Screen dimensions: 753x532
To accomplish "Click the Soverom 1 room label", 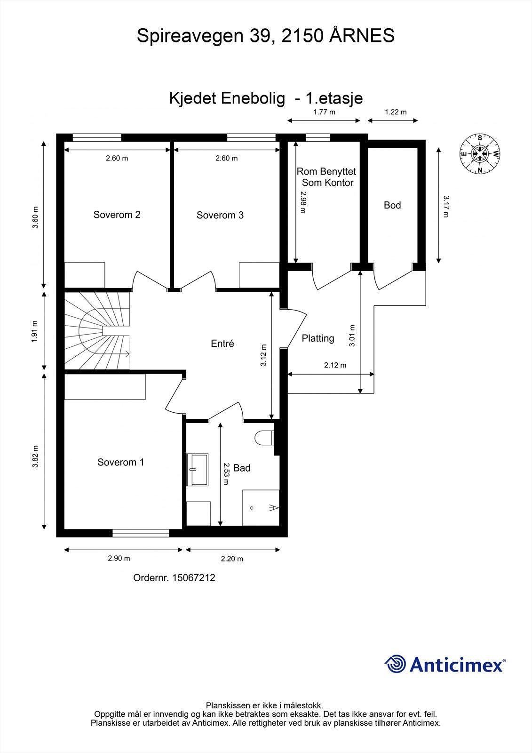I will click(120, 462).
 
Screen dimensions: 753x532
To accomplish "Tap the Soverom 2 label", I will click(117, 215).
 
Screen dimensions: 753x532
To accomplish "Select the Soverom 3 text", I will click(220, 215).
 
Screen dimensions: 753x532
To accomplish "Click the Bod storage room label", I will click(392, 205).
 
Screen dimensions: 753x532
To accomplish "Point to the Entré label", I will click(222, 344).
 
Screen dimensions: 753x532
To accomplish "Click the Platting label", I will click(318, 338).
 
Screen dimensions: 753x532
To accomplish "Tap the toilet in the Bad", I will click(264, 438).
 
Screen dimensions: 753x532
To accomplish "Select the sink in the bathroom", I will click(198, 469).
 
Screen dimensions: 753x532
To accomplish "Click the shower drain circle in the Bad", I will click(252, 508).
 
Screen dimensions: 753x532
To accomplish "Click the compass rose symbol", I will click(479, 153).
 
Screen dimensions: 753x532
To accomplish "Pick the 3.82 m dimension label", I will click(35, 457).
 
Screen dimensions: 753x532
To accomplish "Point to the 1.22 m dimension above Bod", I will click(395, 112).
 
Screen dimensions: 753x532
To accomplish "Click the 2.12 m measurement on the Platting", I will click(335, 365).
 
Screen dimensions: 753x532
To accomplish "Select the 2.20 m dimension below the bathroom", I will click(232, 559).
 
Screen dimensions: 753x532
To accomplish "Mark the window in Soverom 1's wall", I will click(141, 533).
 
